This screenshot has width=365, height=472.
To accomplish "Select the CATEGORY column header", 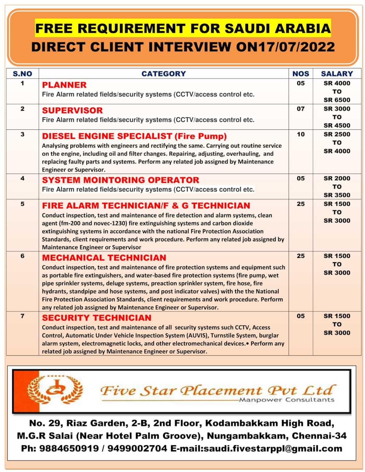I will pos(164,74).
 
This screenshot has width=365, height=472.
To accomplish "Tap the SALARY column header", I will pos(337,74).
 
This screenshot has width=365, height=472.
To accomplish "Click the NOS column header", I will pos(301,74).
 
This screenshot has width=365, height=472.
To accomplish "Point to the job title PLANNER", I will pos(64,85).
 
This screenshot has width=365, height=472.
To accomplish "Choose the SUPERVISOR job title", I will pos(72,110).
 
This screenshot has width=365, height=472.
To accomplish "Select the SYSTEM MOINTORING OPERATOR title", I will pos(120,180).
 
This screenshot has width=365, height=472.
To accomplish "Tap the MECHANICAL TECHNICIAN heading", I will pos(104,258).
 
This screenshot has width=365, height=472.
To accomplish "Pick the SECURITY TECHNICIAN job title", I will pos(96,318).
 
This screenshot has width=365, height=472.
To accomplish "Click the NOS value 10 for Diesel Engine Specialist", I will pos(301,134).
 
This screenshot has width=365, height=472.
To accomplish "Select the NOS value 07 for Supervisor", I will pos(301,109).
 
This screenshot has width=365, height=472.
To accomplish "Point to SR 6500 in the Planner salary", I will pos(337,100).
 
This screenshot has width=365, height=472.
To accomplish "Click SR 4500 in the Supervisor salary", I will pos(337,126).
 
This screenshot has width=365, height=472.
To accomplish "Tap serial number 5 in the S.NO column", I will pos(23,204).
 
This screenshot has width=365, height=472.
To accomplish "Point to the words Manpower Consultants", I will pos(287,400).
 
